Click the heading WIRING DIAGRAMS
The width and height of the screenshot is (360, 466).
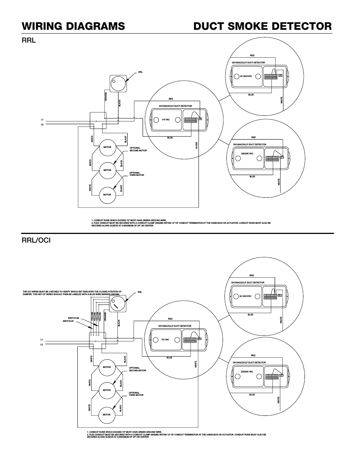(73, 26)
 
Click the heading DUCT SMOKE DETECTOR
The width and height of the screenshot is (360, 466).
(263, 26)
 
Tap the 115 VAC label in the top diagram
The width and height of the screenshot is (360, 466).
(166, 120)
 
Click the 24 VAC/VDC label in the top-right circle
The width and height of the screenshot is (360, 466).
(246, 76)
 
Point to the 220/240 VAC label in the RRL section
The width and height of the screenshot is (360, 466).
(247, 154)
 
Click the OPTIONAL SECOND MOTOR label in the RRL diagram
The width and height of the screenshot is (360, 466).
(138, 149)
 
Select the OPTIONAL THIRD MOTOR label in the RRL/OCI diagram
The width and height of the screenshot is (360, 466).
(136, 394)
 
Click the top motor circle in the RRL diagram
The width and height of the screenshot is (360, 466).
(108, 148)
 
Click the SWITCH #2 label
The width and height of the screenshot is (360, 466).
(73, 318)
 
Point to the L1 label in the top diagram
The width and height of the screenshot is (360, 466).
(42, 120)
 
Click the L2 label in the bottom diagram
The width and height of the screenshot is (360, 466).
(42, 344)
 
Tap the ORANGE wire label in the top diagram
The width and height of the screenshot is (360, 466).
(106, 97)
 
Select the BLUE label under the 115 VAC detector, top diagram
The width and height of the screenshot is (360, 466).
(170, 138)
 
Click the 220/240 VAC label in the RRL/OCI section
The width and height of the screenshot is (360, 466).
(247, 372)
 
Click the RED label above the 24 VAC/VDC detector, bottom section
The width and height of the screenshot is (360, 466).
(252, 275)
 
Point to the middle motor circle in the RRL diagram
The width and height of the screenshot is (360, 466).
(108, 170)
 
